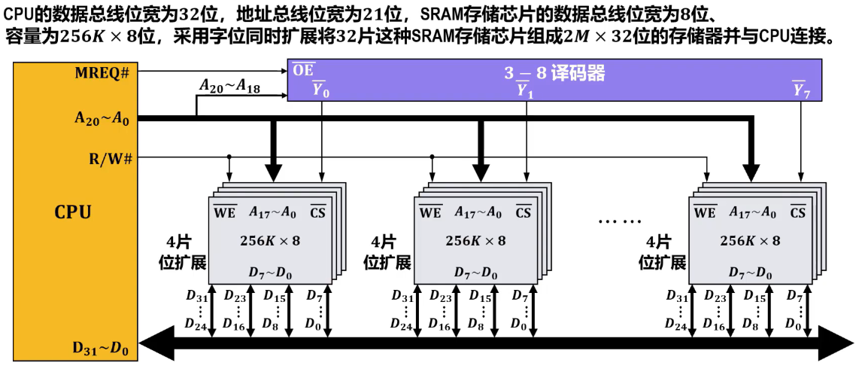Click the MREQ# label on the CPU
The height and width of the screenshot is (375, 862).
pyautogui.click(x=102, y=72)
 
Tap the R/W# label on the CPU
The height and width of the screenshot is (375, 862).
pyautogui.click(x=110, y=158)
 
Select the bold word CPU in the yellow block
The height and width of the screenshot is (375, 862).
pyautogui.click(x=73, y=212)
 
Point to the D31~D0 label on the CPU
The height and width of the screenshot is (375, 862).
pyautogui.click(x=101, y=348)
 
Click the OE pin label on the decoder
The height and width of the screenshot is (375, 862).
pyautogui.click(x=304, y=72)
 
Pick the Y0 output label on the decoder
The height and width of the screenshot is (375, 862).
pyautogui.click(x=321, y=90)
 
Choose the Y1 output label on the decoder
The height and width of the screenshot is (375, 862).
pyautogui.click(x=524, y=90)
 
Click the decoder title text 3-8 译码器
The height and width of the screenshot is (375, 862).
pyautogui.click(x=554, y=74)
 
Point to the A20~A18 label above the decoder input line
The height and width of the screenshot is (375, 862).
pyautogui.click(x=229, y=87)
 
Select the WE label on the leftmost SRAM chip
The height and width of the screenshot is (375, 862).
pyautogui.click(x=225, y=212)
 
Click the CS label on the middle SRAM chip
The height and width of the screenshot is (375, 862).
pyautogui.click(x=524, y=212)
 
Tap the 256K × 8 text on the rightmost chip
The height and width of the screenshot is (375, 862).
pyautogui.click(x=750, y=241)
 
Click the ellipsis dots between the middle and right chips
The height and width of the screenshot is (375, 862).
pyautogui.click(x=620, y=222)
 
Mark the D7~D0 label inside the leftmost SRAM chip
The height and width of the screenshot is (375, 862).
pyautogui.click(x=271, y=272)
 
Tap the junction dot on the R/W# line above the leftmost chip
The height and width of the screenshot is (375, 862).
pyautogui.click(x=229, y=157)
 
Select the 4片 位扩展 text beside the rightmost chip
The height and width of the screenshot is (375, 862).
pyautogui.click(x=662, y=252)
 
